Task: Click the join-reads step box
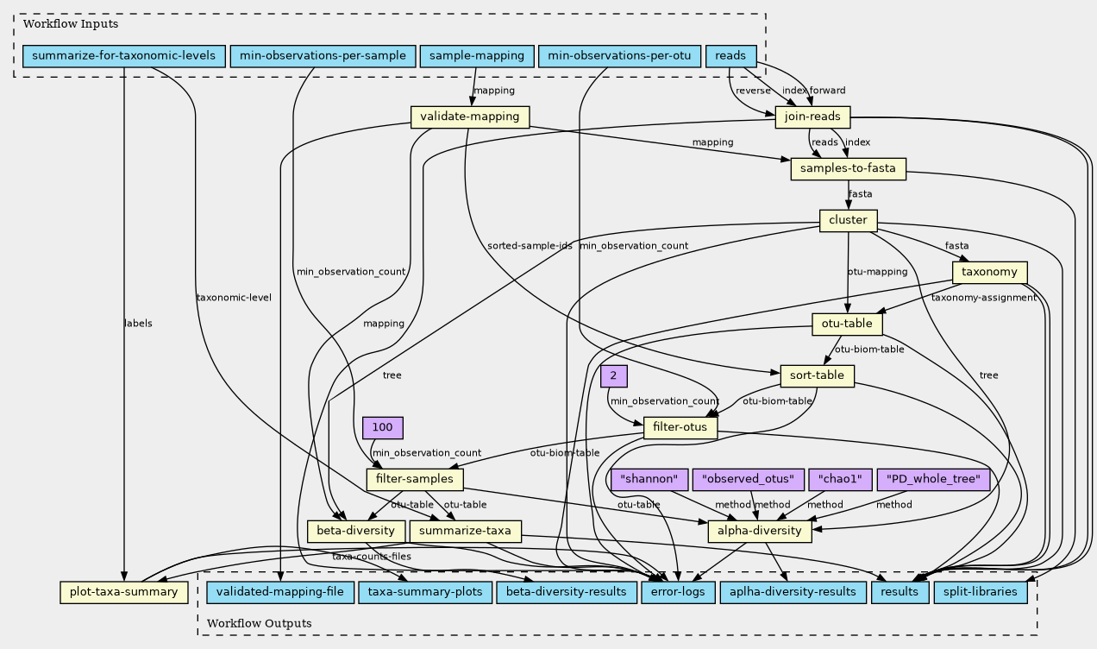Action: tap(812, 117)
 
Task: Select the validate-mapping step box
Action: tap(469, 117)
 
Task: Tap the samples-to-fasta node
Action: tap(849, 168)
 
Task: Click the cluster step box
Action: tap(848, 220)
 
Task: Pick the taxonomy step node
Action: tap(990, 273)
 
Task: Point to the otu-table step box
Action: tap(848, 324)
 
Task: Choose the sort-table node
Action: tap(817, 376)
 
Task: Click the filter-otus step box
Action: tap(680, 428)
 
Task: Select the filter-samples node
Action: tap(415, 479)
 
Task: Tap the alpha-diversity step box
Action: tap(760, 531)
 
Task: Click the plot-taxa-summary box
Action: tap(124, 592)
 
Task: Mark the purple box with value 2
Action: tap(613, 376)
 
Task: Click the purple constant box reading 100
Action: tap(383, 428)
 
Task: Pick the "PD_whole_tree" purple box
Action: tap(933, 479)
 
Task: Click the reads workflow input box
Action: tap(730, 56)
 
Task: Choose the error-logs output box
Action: tap(678, 592)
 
